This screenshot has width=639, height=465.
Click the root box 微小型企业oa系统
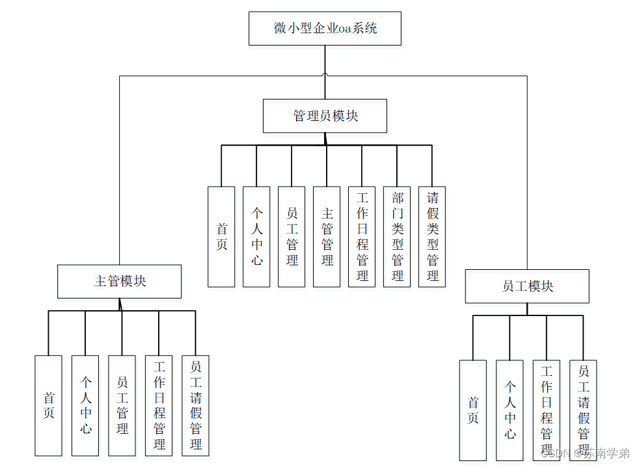point(325,29)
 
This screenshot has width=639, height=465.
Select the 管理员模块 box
point(325,116)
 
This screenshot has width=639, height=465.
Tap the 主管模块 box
point(120,281)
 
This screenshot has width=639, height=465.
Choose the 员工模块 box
point(527,286)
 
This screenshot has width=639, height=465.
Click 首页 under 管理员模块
point(221,237)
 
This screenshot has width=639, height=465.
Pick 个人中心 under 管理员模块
point(256,237)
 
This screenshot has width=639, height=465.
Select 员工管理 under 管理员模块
point(292,237)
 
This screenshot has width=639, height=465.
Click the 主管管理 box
point(327,237)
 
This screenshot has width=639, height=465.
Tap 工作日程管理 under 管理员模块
point(362,237)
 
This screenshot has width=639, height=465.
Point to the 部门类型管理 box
point(397,237)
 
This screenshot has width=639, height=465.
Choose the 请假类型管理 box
point(432,237)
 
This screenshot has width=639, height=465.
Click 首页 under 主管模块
point(49,405)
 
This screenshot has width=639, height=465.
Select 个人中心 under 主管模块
point(85,405)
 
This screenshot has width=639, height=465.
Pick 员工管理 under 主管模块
point(122,405)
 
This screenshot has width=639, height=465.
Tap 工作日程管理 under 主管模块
point(159,405)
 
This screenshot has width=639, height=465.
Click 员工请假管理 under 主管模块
point(195,405)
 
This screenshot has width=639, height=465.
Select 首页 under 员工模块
point(473,410)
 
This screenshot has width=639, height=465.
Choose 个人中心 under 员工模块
point(510,410)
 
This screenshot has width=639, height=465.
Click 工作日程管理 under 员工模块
point(547,410)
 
